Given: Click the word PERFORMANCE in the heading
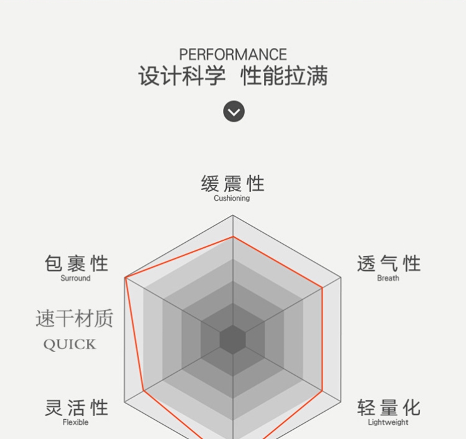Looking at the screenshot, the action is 233,55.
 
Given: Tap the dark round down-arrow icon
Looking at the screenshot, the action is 234,112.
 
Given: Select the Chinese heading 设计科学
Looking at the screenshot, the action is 181,76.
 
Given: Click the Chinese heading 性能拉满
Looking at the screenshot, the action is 284,76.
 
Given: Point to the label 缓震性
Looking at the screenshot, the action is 232,184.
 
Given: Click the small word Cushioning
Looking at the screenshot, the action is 232,199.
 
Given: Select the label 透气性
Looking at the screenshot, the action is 388,264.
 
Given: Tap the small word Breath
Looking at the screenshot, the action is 388,278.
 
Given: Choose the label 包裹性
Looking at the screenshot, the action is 76,264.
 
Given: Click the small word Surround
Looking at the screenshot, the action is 75,278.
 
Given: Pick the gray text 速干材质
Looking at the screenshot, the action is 75,319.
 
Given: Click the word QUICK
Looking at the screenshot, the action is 70,345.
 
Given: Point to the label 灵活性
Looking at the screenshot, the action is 76,408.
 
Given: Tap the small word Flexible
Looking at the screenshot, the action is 75,423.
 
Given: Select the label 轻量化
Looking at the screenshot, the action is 388,408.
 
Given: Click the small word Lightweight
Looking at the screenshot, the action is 388,423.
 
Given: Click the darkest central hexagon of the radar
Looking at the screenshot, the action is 233,340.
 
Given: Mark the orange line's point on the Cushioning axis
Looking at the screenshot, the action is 233,237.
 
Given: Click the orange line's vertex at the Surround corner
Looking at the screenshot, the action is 126,278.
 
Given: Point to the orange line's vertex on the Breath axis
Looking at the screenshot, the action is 322,287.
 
